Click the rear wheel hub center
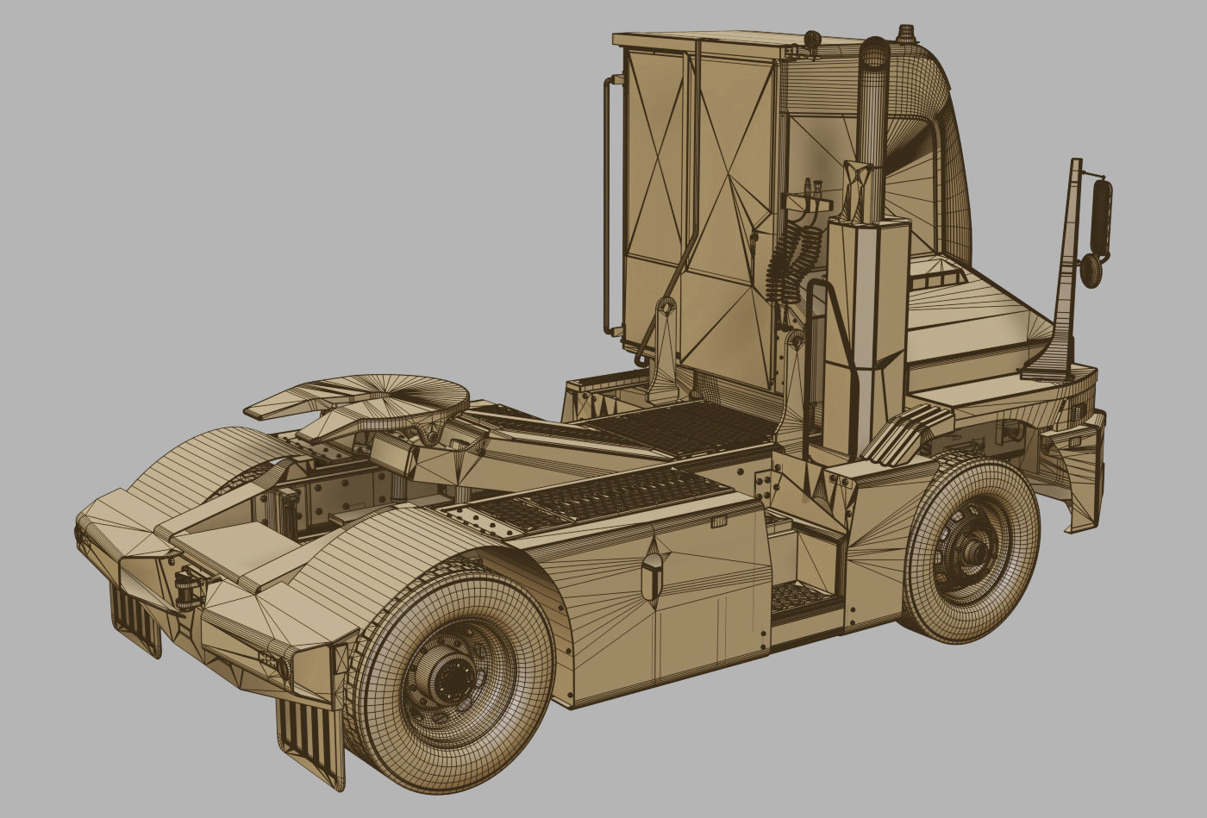point(450,678)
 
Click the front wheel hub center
point(977,547)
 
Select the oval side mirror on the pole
point(1101,218)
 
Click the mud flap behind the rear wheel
point(310,742)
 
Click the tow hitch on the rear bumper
point(188,589)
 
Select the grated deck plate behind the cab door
point(681,428)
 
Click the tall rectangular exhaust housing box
point(866,336)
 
